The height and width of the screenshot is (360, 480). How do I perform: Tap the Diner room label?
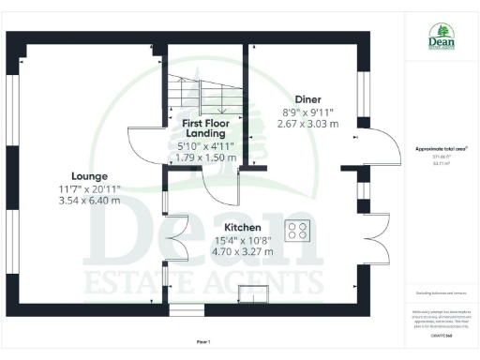307,98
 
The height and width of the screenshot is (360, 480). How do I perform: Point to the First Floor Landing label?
207,127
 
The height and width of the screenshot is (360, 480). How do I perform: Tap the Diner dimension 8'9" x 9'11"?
308,111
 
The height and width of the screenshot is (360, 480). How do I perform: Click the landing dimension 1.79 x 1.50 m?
207,158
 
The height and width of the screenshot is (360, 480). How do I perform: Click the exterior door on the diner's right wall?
375,145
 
